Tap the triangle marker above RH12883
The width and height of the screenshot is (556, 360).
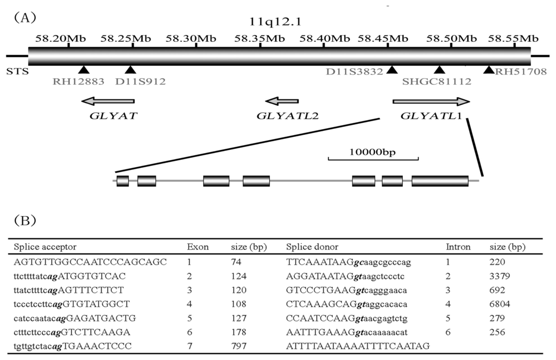click(x=83, y=70)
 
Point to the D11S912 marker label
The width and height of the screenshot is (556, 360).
click(x=141, y=82)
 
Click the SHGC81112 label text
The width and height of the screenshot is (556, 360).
click(x=437, y=82)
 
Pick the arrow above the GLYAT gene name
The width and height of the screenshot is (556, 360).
click(x=108, y=101)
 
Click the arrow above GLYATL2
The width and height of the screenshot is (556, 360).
click(x=281, y=101)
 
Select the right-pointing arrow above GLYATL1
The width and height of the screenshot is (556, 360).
click(x=431, y=101)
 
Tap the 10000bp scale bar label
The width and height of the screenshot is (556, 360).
click(x=373, y=151)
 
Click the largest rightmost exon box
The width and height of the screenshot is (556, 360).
click(x=440, y=181)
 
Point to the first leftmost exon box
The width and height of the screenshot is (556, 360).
click(x=123, y=181)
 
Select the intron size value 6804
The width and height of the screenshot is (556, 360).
click(x=500, y=304)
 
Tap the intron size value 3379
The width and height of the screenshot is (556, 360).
click(x=500, y=276)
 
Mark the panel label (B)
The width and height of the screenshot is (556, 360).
click(x=25, y=220)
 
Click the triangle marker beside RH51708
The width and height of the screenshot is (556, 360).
click(x=489, y=70)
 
